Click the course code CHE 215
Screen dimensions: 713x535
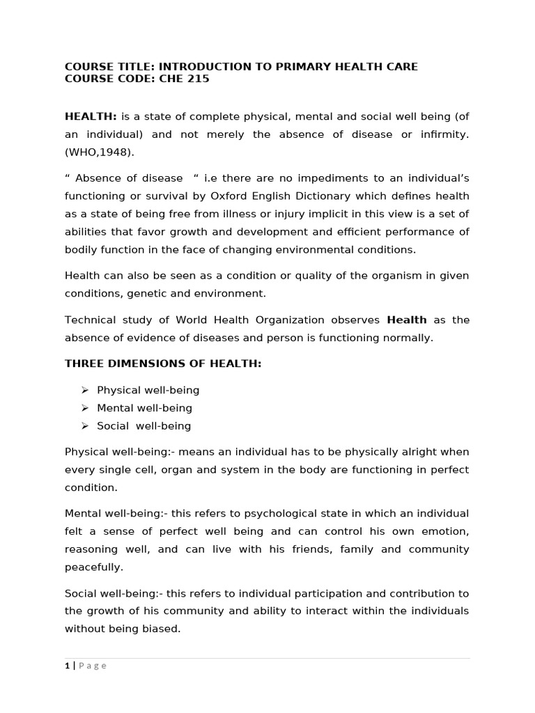coord(185,79)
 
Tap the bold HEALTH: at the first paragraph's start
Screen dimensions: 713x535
coord(91,116)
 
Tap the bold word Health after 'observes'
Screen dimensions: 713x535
coord(407,320)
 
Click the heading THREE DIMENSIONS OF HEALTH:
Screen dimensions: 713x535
coord(163,364)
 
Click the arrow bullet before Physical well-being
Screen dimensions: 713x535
coord(85,391)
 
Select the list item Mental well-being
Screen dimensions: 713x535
coord(144,408)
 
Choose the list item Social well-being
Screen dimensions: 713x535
coord(144,426)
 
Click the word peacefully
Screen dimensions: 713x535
coord(93,567)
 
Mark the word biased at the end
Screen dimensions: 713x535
coord(161,629)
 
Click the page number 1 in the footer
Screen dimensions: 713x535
coord(68,666)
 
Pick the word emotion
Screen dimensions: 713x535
coord(444,531)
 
